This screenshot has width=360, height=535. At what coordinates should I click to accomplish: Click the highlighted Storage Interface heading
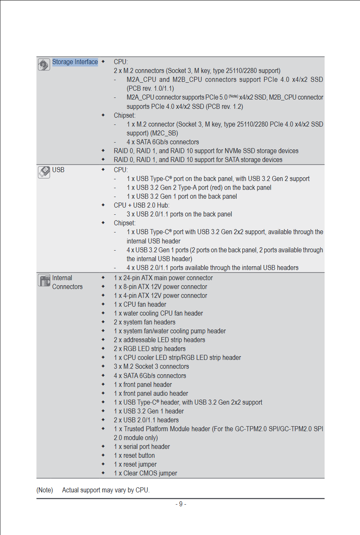75,62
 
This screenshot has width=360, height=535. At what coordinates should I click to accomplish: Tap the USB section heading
58,170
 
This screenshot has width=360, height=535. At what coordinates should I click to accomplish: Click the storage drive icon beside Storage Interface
44,65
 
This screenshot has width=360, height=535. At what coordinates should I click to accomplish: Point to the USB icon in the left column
44,172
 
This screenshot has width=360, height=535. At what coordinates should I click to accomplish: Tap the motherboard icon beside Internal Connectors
44,280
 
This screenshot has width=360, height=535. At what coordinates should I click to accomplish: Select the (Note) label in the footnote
45,490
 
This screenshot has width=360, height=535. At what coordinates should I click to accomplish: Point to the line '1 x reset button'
134,455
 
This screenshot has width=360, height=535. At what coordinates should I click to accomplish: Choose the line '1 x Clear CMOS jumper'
145,473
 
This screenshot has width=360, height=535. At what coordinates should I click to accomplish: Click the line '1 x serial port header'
142,446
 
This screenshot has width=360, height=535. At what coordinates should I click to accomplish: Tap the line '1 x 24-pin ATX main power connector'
163,278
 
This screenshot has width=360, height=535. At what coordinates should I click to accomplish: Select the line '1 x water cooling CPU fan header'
158,313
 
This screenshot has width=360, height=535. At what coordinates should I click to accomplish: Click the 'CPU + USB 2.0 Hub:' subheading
141,205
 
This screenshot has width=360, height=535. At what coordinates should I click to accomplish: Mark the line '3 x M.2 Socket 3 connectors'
151,366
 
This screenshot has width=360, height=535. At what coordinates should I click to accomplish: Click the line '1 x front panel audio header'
151,393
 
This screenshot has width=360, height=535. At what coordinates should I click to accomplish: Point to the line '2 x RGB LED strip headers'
149,349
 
